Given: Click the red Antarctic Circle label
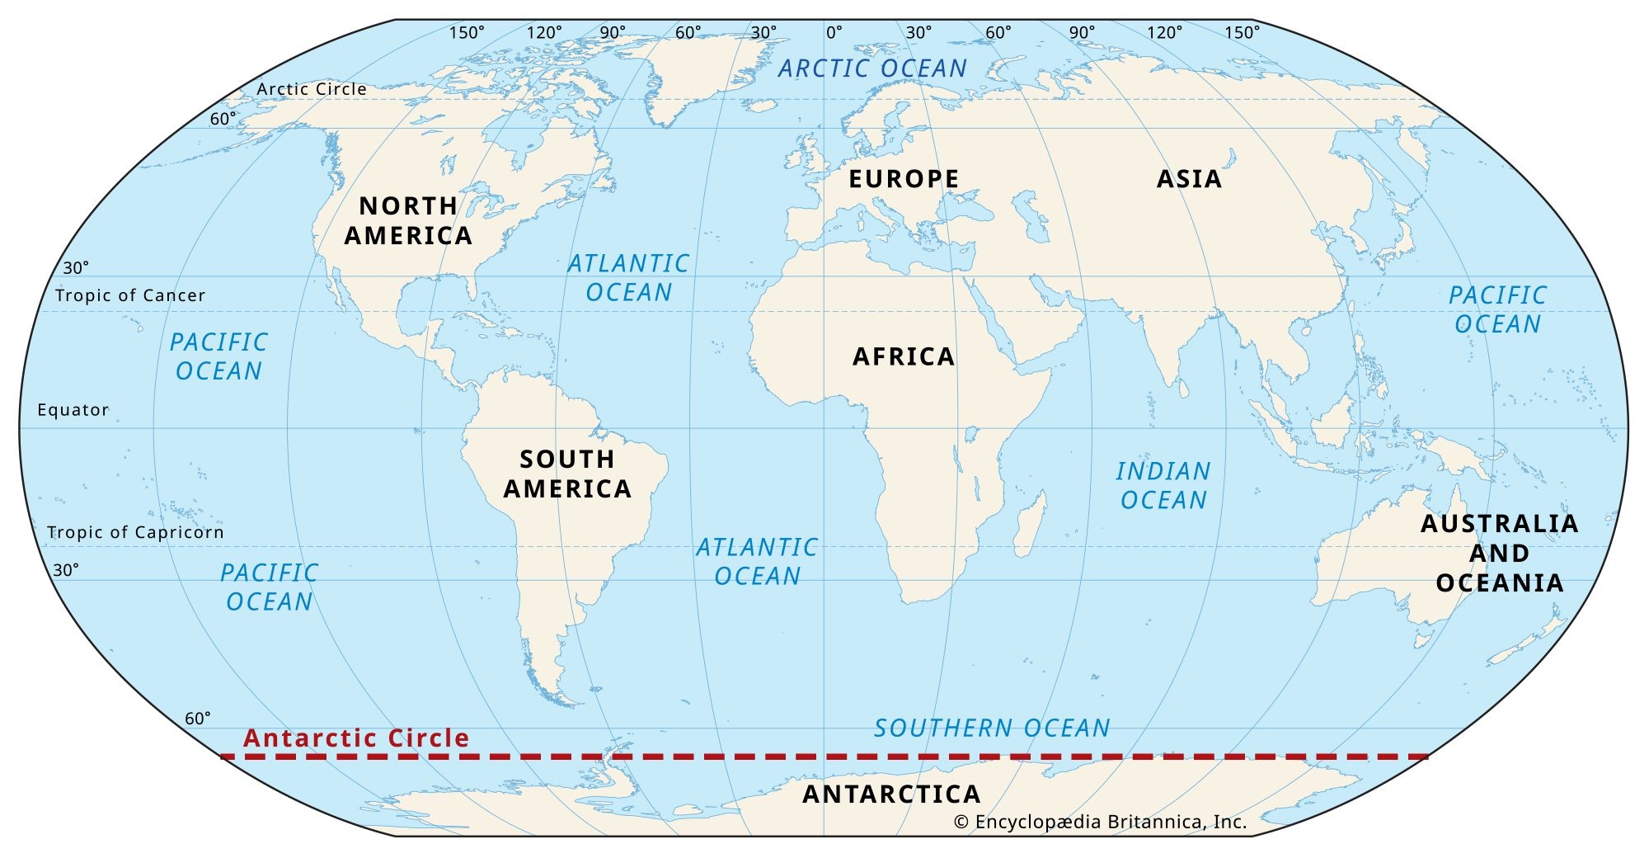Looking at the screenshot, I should coord(356,738).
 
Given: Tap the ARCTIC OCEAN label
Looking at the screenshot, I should coord(872,68).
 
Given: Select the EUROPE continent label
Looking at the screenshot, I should coord(904,179).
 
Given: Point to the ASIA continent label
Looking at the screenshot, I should coord(1189,179).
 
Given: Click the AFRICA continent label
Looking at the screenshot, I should coord(904,356).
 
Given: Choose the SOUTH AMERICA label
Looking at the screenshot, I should coord(567,474).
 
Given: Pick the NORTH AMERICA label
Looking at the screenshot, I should coord(408,220).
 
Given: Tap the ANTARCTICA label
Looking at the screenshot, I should coord(892,794).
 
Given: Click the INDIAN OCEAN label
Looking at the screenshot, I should coord(1163,485).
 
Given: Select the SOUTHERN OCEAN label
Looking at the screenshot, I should coord(992,728).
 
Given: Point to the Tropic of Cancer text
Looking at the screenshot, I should coord(130,295).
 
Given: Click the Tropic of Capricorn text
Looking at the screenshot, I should coord(135,532).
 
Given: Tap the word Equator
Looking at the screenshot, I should coord(73,410).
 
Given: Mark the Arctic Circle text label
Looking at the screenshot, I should coord(312,89).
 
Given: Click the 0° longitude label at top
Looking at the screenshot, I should coord(834,33).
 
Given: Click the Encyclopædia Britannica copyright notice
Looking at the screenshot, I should coord(1100,822).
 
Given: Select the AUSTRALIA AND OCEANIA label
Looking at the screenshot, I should coord(1499,553).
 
